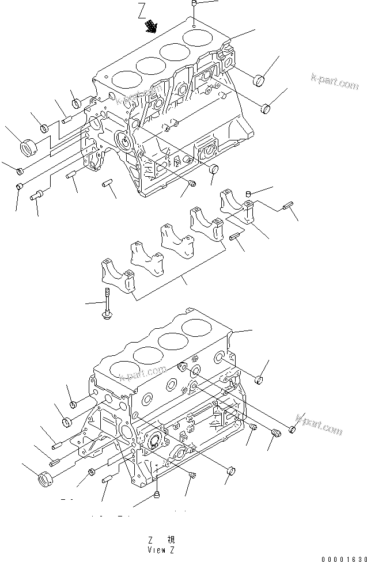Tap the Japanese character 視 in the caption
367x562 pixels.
(x=171, y=540)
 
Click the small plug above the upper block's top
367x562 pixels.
(x=195, y=5)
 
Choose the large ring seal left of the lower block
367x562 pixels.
(x=45, y=479)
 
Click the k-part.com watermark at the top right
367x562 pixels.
(x=334, y=83)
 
